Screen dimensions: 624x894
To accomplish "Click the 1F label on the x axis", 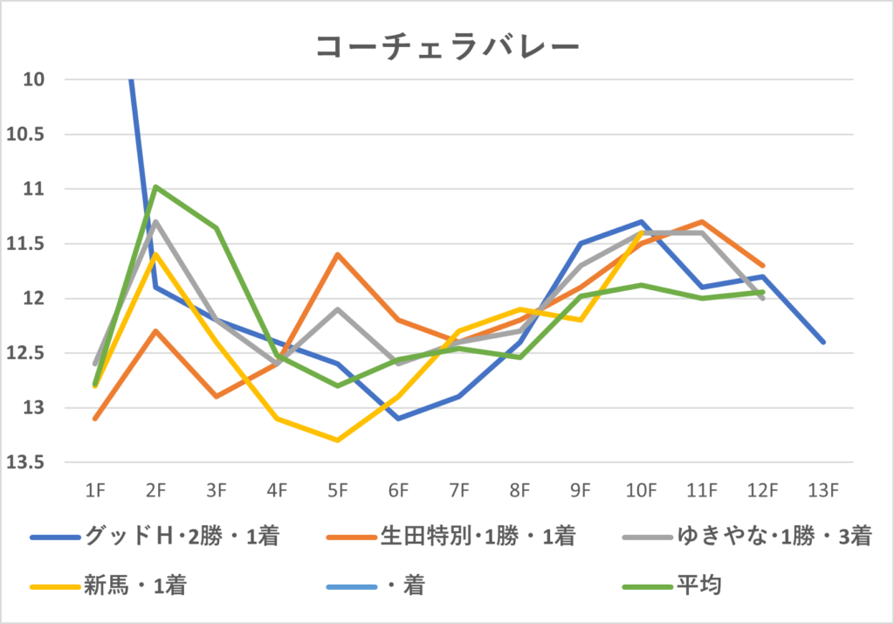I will [x=95, y=491].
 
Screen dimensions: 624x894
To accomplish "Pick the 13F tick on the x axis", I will [x=823, y=491].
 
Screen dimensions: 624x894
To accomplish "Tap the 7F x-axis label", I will [x=459, y=491].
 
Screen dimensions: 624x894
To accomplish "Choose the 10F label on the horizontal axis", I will [x=642, y=491].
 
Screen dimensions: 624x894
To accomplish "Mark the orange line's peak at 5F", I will [x=338, y=254].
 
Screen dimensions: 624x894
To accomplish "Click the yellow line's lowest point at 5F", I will [x=338, y=440].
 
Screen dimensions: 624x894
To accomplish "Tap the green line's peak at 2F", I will [x=155, y=186].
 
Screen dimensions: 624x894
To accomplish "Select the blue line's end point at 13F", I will [x=823, y=342].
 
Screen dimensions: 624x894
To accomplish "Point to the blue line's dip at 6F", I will [x=398, y=419].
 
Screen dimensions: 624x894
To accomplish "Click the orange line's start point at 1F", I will [x=95, y=419].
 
